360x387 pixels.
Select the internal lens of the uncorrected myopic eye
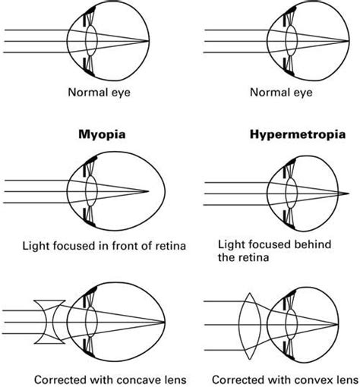(x=92, y=190)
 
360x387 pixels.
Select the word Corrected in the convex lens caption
(x=238, y=377)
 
